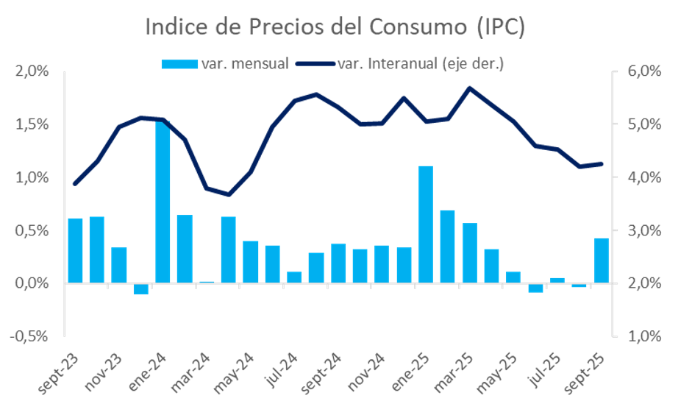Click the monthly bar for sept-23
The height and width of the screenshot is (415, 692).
75,250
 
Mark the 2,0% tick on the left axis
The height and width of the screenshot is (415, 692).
32,71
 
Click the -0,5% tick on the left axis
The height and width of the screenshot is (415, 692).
30,336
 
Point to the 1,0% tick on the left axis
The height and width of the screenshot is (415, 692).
32,177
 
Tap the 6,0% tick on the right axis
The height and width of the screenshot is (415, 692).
643,71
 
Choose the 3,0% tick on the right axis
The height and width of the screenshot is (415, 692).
643,230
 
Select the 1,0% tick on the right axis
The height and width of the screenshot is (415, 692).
643,336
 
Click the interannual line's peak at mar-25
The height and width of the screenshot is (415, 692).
470,88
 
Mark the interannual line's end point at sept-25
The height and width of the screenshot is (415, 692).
602,164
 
